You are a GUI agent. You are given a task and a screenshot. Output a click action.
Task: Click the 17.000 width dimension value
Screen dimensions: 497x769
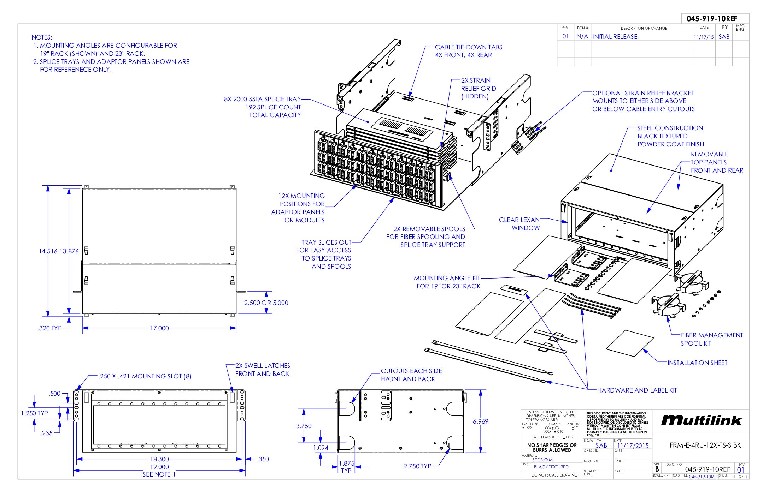(159, 328)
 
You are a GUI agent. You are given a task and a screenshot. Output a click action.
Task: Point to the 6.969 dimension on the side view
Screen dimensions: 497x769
(480, 421)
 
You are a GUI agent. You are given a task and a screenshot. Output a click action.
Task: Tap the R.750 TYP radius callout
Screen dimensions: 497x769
(417, 466)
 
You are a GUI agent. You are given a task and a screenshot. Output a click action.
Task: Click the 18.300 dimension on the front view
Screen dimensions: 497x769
(159, 459)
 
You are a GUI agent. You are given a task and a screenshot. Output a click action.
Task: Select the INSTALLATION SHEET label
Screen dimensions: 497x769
(697, 363)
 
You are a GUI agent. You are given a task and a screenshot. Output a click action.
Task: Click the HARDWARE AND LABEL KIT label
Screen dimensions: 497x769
(637, 390)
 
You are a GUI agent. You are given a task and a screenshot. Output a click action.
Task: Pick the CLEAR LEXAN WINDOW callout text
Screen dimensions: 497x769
(519, 224)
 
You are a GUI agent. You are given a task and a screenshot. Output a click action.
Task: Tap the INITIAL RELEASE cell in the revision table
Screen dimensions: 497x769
(615, 37)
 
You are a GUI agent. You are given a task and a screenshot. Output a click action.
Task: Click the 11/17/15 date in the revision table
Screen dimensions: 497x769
(703, 37)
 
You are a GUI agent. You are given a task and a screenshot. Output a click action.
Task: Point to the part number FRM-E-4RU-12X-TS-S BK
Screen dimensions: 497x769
(705, 445)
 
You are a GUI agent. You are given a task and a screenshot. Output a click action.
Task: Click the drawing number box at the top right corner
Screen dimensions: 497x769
(712, 19)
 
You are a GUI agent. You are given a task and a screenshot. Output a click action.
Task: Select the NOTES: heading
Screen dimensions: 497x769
(42, 37)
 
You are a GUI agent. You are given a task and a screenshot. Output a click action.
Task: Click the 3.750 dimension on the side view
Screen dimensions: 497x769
(304, 426)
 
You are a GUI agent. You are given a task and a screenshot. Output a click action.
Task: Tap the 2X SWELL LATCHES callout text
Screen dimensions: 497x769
(262, 370)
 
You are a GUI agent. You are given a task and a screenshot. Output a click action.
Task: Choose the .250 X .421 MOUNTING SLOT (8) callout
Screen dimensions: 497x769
(145, 376)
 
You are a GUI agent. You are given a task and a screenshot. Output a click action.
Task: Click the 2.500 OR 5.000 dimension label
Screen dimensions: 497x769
(266, 303)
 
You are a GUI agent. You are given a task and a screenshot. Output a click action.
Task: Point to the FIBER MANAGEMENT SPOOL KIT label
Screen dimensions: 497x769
(711, 339)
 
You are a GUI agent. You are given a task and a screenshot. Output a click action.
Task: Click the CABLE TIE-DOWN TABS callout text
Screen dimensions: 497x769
(468, 51)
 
